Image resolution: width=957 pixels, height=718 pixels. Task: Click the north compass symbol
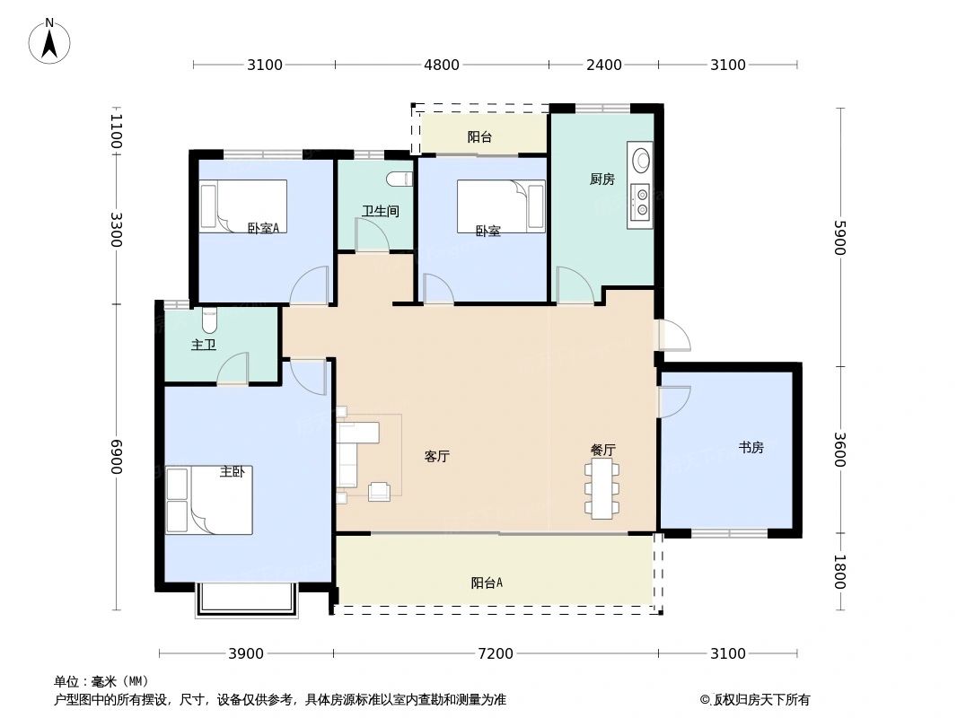coord(50,40)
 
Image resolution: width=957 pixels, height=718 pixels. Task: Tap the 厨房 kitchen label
coord(601,179)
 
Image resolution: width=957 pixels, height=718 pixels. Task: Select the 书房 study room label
coord(751,448)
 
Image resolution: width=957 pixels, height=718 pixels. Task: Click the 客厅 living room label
coord(436,457)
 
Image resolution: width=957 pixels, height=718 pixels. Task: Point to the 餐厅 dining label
coord(602,451)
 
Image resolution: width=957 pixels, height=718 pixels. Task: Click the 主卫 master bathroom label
coord(204,346)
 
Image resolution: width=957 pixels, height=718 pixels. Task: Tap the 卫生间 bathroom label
coord(380,212)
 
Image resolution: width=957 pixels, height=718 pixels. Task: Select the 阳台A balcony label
coord(487,583)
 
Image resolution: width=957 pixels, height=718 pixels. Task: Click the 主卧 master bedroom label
coord(232,472)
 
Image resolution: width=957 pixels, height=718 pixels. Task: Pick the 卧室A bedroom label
coord(263,229)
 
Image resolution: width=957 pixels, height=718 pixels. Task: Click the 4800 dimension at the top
coord(442,65)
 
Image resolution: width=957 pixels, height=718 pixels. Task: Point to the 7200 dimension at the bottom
coord(495,654)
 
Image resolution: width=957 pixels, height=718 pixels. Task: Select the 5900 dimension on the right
coord(838,238)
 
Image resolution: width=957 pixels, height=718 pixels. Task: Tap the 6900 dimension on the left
coord(117,458)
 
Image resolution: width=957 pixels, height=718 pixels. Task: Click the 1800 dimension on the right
coord(838,572)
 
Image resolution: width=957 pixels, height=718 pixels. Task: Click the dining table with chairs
coord(601,489)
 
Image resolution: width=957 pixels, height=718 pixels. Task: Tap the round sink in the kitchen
coord(640,161)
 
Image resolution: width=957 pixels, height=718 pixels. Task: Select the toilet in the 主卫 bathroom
coord(209,320)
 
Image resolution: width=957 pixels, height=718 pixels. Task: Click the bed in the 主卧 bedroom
coord(208,500)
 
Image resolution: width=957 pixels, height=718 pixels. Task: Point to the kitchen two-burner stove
coord(641,202)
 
